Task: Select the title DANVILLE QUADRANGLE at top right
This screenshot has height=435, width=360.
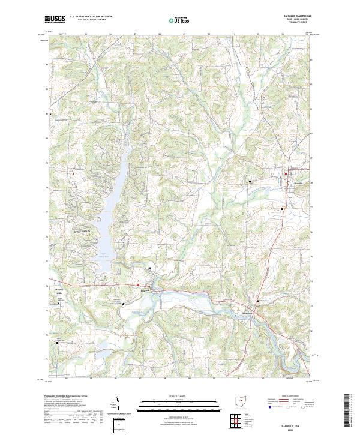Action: tap(298, 16)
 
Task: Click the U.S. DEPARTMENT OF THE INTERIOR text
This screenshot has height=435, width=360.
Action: tap(90, 17)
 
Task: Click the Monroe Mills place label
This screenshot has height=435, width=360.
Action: tap(59, 292)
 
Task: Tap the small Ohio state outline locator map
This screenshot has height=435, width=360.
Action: tap(241, 401)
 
